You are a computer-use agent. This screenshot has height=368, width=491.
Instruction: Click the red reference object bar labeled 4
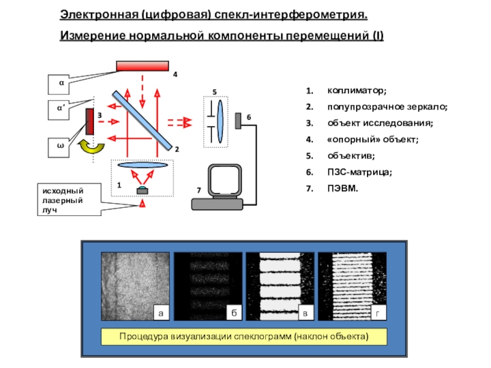pos(142,66)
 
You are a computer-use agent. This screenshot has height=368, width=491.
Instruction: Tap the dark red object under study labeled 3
pos(90,121)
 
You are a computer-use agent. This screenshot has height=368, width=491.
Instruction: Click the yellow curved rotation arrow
pos(91,147)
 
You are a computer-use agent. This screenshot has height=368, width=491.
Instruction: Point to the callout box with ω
pos(58,148)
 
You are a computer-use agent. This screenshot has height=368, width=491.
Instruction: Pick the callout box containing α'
pos(58,110)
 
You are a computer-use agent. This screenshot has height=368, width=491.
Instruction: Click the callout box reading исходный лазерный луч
pos(69,200)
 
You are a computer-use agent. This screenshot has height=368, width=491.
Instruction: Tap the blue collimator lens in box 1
pos(142,165)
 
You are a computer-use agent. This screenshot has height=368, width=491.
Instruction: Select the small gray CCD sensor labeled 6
pos(238,121)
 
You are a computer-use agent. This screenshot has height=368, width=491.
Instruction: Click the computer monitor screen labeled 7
pos(225,181)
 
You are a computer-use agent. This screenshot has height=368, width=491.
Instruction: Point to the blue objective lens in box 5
pos(220,121)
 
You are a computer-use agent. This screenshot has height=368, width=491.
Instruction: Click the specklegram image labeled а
pos(135,286)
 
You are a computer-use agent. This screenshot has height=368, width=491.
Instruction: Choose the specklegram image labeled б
pos(208,286)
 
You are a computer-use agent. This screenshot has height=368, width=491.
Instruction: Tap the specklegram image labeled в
pos(280,286)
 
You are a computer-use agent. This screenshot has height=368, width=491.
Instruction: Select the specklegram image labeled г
pos(352,286)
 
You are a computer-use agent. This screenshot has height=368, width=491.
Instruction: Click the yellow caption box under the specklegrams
pos(244,337)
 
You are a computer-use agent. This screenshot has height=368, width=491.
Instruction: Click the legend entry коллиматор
pos(357,91)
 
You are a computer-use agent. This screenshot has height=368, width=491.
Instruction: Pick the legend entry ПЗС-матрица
pos(360,172)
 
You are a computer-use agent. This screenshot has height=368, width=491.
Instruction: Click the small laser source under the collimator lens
pos(142,190)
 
